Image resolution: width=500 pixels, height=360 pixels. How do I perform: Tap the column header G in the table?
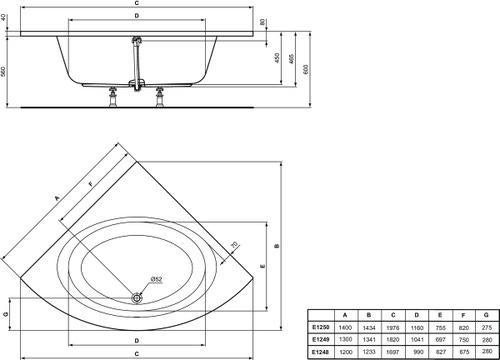(486, 315)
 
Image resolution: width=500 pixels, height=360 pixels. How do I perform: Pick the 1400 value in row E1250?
(345, 327)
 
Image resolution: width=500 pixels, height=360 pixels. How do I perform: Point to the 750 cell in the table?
(461, 339)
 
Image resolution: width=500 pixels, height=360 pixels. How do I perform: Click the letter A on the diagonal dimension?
(57, 197)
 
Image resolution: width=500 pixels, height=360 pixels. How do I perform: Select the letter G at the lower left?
(6, 314)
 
